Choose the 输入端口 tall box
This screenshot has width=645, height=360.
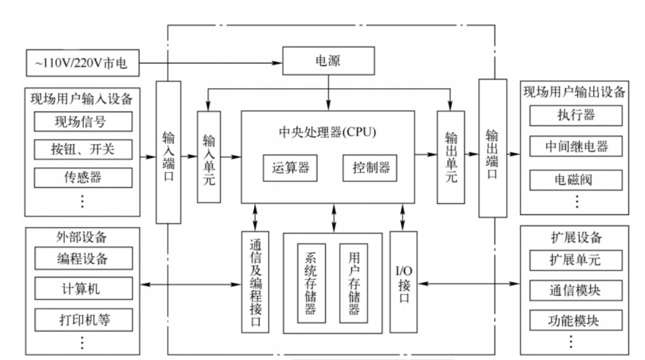[x=168, y=152]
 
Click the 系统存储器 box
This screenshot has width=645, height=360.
[x=311, y=282]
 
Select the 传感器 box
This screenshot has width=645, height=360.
[x=83, y=178]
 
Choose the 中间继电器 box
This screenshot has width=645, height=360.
[x=575, y=147]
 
